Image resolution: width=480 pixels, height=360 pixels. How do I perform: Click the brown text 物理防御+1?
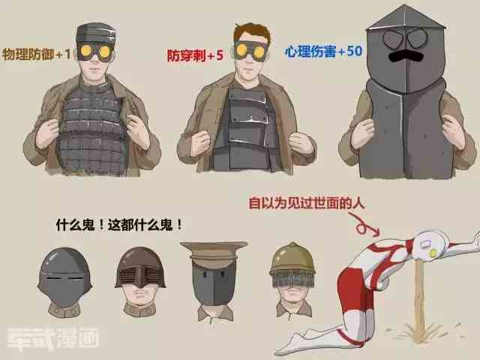coord(37,55)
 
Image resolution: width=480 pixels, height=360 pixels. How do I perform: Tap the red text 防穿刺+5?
coord(195,55)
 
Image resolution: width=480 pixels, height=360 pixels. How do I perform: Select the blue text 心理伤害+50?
coord(323,52)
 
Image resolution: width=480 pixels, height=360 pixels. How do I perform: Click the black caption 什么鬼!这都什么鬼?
coord(119,225)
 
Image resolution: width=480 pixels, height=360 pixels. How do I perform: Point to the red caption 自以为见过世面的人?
coord(307,203)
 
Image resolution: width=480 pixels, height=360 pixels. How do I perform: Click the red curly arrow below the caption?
coord(364,225)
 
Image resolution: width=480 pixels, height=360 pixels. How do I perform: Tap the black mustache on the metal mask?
coord(406,56)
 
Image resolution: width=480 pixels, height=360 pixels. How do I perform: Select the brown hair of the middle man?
coord(252,32)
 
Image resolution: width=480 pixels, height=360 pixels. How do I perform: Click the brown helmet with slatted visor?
coord(140,268)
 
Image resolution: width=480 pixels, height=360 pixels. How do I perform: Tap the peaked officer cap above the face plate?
coord(214,250)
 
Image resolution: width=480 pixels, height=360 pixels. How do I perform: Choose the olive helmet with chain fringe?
coord(292,265)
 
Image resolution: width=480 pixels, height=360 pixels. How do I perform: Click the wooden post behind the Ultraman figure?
coord(419,301)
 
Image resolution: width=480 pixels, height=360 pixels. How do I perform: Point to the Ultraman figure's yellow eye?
coord(433,253)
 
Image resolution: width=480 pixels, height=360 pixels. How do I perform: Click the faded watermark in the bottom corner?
coord(52,339)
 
